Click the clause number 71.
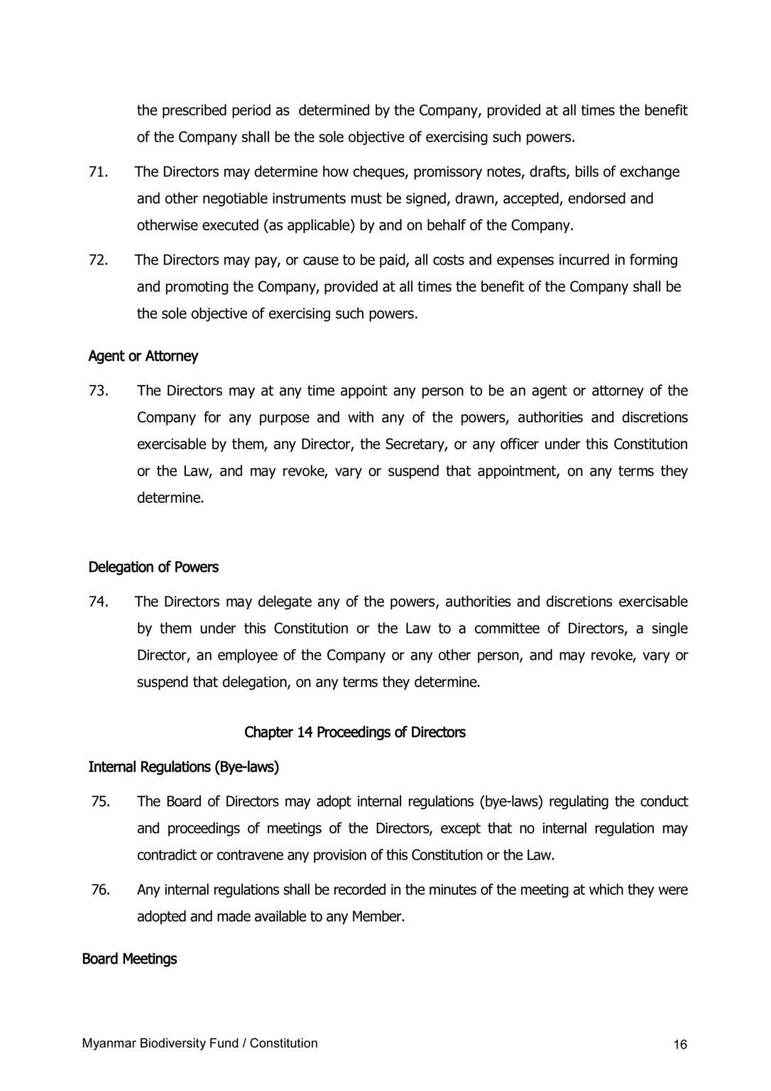click(x=97, y=172)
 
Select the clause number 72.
click(x=97, y=260)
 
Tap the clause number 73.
click(x=97, y=391)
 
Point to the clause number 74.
click(x=97, y=602)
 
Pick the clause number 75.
click(x=100, y=801)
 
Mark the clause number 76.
click(x=100, y=889)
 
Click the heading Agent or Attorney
click(x=143, y=356)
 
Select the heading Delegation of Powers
click(x=153, y=567)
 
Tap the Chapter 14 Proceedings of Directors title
click(x=355, y=732)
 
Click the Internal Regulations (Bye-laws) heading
click(x=183, y=766)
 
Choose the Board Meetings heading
click(x=129, y=959)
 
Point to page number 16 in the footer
click(x=680, y=1044)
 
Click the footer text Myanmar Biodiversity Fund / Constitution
click(x=199, y=1043)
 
